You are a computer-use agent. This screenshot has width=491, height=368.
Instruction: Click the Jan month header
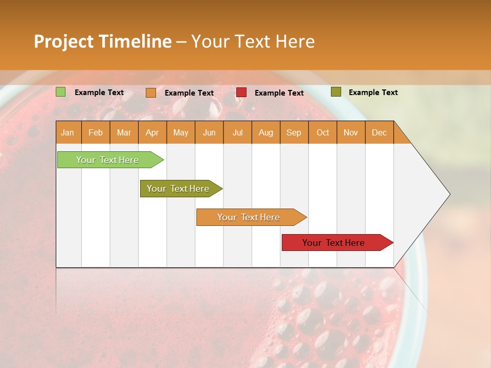(x=68, y=132)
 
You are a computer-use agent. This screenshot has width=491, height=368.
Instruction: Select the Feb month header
(x=96, y=132)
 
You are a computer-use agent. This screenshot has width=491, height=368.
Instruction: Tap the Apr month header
(x=152, y=132)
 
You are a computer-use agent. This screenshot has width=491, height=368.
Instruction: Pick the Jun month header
(x=209, y=132)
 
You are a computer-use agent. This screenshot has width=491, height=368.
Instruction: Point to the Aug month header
(x=265, y=132)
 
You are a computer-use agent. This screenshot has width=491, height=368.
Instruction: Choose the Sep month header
(x=294, y=132)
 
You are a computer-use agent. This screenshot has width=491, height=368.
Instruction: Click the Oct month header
(x=323, y=132)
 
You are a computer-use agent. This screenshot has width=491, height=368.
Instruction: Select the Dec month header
(x=379, y=132)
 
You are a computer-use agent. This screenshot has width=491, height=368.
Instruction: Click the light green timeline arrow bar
(x=107, y=160)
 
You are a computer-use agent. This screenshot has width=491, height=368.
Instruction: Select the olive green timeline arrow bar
(x=178, y=189)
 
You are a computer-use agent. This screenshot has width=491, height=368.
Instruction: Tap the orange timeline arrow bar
(x=249, y=217)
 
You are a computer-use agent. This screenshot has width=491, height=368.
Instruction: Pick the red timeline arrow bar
(x=333, y=243)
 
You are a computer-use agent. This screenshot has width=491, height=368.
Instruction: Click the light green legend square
(x=61, y=92)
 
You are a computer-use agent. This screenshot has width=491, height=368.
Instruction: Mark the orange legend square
(x=151, y=93)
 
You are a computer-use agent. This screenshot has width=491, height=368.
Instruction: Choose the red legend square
(x=241, y=93)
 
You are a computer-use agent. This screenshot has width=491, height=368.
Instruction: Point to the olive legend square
(x=336, y=92)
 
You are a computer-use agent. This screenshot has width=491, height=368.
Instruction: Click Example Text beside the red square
(x=279, y=93)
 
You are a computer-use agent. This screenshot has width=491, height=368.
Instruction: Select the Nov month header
(x=350, y=132)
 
